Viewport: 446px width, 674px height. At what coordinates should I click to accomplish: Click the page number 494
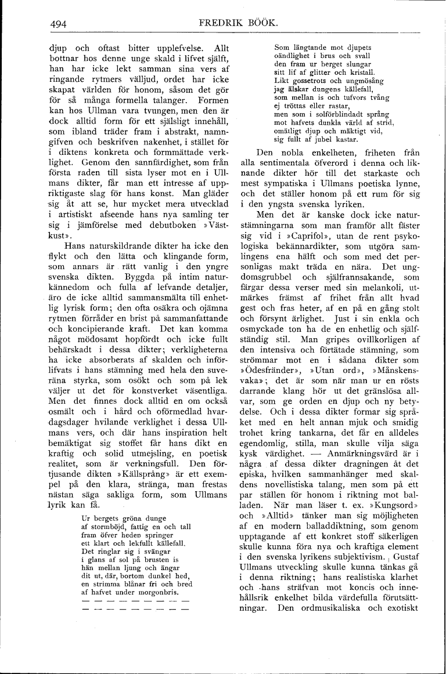(x=58, y=24)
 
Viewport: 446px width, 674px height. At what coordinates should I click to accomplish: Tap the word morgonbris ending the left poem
(x=162, y=592)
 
